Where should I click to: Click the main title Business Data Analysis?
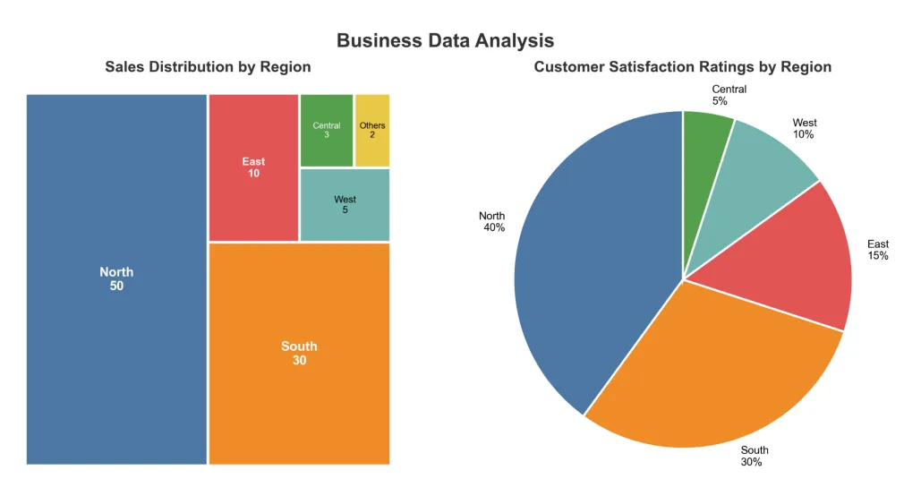click(445, 40)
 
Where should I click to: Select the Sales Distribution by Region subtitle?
click(208, 67)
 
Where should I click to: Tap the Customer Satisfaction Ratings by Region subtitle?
click(682, 67)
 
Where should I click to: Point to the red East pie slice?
click(788, 260)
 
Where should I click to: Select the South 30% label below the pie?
click(754, 456)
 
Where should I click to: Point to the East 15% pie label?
click(877, 250)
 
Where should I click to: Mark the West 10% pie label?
click(804, 129)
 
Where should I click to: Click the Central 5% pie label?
click(729, 96)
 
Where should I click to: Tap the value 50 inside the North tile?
click(116, 286)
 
